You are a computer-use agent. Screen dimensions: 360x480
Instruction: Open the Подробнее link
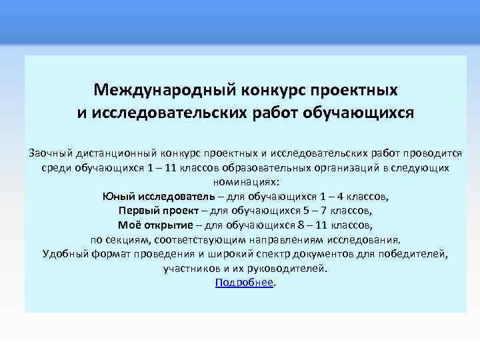pyautogui.click(x=244, y=282)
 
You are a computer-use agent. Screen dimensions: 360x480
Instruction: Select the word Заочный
pyautogui.click(x=51, y=153)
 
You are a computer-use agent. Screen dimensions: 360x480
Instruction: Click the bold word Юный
pyautogui.click(x=119, y=196)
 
